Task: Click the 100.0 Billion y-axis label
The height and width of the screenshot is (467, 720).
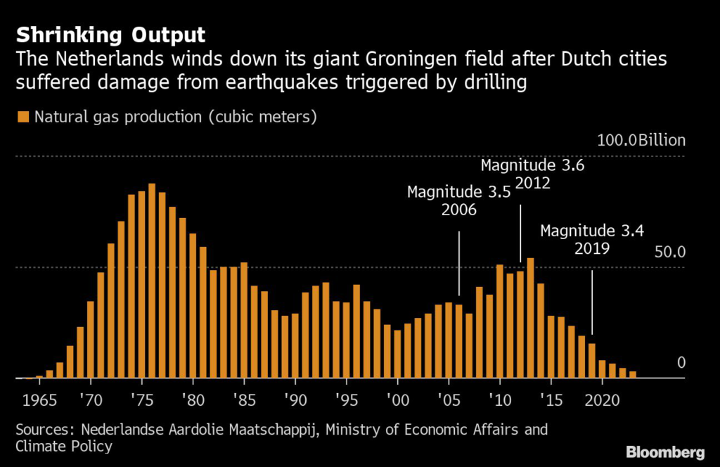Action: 641,141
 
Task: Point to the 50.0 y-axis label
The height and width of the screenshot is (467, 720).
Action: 669,252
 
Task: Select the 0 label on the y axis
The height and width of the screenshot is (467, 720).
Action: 681,363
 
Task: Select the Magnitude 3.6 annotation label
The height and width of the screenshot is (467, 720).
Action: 532,165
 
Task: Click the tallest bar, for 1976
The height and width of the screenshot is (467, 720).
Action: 152,281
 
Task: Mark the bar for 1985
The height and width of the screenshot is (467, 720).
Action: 244,320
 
